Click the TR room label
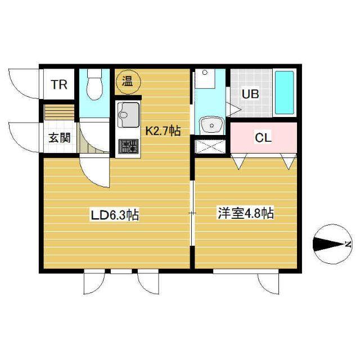tap(59, 85)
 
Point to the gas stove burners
tap(128, 147)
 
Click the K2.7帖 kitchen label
tap(163, 132)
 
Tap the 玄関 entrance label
tap(59, 138)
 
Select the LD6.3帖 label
tap(115, 214)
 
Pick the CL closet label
tap(263, 138)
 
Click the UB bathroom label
tap(250, 94)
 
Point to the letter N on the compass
tap(348, 244)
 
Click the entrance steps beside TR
tap(59, 111)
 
